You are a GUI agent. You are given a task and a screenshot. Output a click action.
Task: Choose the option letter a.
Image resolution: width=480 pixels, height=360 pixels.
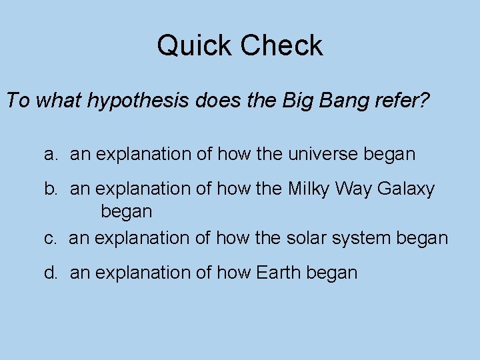[x=50, y=155]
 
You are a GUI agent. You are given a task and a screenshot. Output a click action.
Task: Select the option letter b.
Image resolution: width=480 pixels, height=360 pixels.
[x=50, y=189]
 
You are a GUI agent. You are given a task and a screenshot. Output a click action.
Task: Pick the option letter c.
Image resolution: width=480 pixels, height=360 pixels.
[x=49, y=238]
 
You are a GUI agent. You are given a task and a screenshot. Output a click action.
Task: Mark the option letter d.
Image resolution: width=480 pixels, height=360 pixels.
[x=50, y=273]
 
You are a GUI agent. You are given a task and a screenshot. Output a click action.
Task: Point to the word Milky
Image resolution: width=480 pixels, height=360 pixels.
[x=312, y=189]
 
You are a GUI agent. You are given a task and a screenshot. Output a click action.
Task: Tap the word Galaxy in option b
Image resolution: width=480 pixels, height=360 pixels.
[x=406, y=190]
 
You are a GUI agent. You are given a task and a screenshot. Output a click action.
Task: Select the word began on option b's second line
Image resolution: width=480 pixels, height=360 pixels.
[x=127, y=213]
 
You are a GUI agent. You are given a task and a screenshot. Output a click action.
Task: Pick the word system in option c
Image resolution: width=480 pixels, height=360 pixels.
[x=364, y=239]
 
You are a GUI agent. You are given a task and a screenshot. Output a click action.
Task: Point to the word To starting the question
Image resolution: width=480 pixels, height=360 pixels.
[x=18, y=101]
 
